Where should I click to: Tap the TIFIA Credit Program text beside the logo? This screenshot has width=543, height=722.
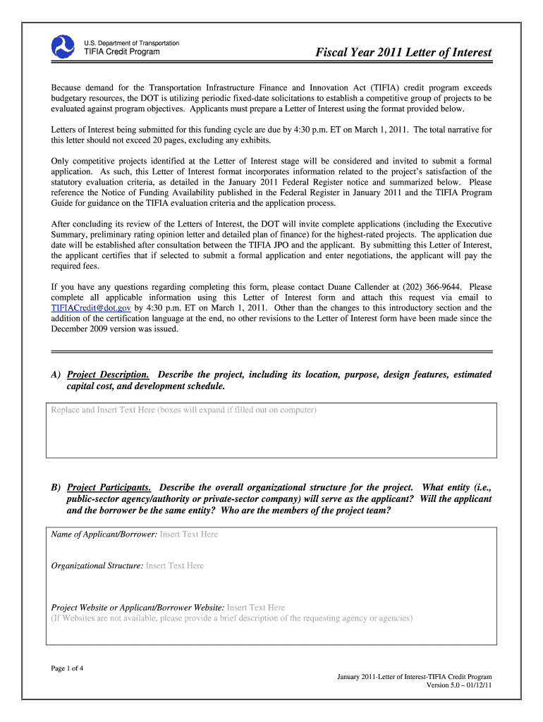[122, 52]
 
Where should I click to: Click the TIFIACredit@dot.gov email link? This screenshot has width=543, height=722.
[91, 308]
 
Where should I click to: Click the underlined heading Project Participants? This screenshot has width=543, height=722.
[109, 487]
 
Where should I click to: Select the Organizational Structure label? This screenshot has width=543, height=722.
[98, 565]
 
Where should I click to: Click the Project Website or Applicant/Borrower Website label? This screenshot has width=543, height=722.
[138, 607]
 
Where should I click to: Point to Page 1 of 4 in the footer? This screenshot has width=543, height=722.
[68, 668]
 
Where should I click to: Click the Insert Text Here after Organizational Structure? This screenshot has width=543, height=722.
[175, 565]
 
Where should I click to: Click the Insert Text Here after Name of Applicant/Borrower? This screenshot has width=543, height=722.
[189, 534]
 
